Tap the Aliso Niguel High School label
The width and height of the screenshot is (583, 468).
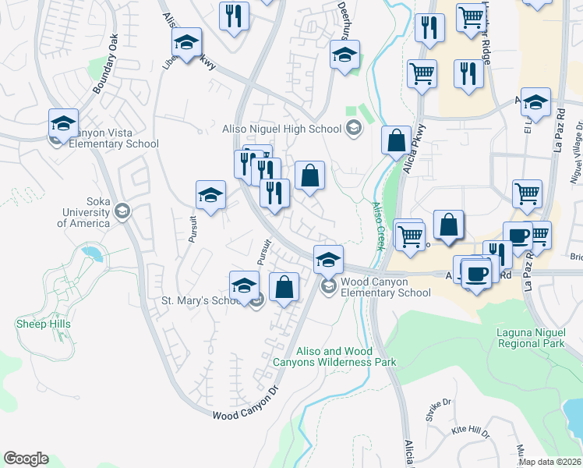click(x=281, y=129)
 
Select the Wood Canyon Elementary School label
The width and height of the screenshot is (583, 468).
click(x=386, y=287)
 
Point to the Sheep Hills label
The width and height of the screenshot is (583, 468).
click(x=43, y=324)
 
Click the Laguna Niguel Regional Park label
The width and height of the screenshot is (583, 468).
click(x=530, y=338)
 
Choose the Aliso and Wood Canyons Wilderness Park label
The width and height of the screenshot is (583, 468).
click(x=334, y=357)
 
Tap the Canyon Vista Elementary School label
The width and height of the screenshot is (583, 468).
click(x=114, y=138)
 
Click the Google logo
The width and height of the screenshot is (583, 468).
click(x=26, y=459)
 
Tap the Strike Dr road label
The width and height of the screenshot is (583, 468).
click(x=438, y=409)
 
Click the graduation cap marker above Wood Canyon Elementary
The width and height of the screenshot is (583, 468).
click(x=328, y=258)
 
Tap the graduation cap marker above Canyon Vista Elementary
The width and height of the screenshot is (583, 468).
click(x=63, y=123)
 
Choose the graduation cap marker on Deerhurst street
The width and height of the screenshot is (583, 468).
click(x=344, y=55)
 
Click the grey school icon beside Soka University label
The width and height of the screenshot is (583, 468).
click(x=122, y=211)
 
